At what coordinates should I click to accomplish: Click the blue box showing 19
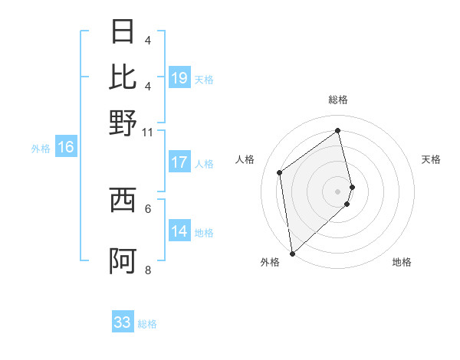click(179, 78)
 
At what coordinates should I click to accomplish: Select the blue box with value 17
click(179, 162)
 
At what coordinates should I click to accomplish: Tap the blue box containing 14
click(179, 232)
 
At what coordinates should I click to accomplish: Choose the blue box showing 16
click(65, 148)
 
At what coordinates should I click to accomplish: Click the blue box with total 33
click(123, 322)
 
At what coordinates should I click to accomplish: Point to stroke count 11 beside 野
click(147, 132)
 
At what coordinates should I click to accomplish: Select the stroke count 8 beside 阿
click(148, 270)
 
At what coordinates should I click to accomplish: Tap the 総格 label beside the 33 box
click(147, 324)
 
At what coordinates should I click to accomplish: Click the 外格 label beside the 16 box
click(40, 149)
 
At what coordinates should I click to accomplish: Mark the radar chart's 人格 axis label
click(245, 159)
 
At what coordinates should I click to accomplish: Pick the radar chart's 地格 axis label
click(402, 262)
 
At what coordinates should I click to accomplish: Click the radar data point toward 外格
click(292, 253)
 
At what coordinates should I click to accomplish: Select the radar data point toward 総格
click(338, 130)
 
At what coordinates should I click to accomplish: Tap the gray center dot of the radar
click(338, 191)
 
